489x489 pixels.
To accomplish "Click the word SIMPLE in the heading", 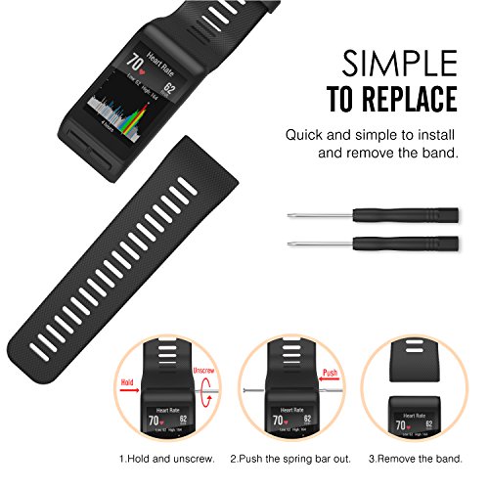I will pyautogui.click(x=398, y=64).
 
